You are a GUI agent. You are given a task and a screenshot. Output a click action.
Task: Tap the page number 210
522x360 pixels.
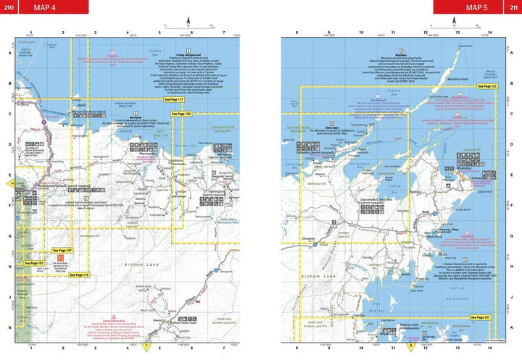click(x=9, y=7)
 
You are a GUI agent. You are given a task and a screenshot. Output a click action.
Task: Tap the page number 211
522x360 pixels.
click(x=513, y=7)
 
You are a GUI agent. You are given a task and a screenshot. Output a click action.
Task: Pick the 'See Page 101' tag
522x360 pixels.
click(x=35, y=263)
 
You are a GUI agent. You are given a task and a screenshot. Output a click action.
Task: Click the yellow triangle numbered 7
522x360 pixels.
click(x=146, y=346)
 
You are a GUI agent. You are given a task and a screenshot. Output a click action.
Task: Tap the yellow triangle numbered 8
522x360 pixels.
click(x=411, y=346)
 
